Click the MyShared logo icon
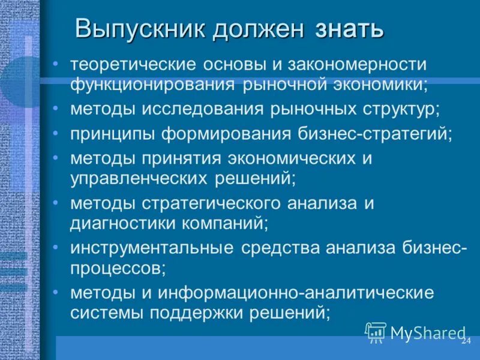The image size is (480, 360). (376, 332)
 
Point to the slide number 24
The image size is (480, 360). (466, 341)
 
